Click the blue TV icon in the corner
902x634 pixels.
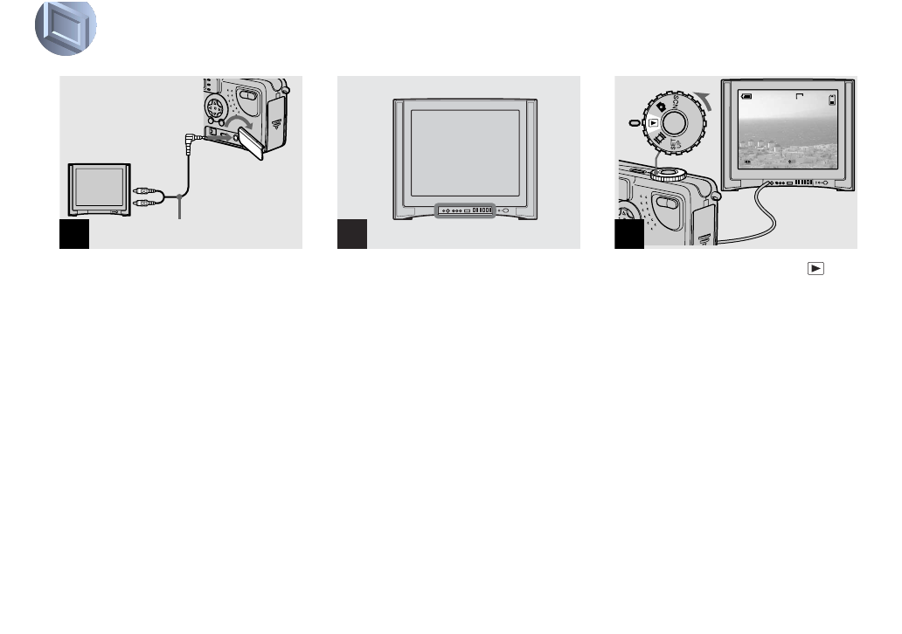pyautogui.click(x=66, y=27)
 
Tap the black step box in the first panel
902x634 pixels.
pyautogui.click(x=74, y=234)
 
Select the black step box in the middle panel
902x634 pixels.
pyautogui.click(x=352, y=234)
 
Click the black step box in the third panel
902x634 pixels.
pyautogui.click(x=629, y=234)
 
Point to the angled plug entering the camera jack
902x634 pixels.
pyautogui.click(x=192, y=136)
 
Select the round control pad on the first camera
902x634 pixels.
pyautogui.click(x=214, y=108)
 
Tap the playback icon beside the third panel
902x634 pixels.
pyautogui.click(x=815, y=268)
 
